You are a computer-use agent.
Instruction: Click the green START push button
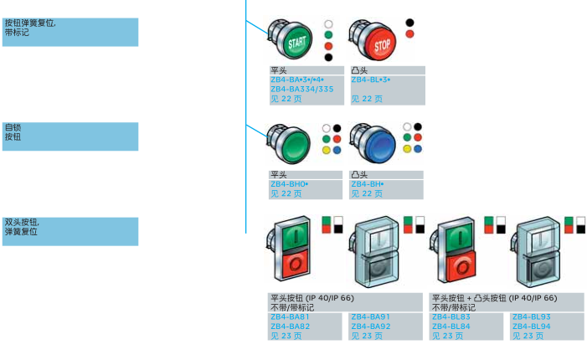point(295,39)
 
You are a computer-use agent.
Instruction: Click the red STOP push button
point(377,42)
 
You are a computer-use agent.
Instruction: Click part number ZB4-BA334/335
point(301,88)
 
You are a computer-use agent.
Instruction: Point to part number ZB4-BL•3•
point(371,80)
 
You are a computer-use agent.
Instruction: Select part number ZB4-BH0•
point(290,183)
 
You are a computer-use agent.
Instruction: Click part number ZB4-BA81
point(290,317)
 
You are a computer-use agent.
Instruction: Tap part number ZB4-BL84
point(451,326)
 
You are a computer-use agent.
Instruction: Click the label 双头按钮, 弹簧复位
point(22,227)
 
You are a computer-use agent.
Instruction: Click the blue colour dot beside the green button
point(337,150)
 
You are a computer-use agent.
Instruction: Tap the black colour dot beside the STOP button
point(409,22)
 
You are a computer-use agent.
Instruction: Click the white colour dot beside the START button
point(328,23)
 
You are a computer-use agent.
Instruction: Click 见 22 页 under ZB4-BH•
point(367,193)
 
